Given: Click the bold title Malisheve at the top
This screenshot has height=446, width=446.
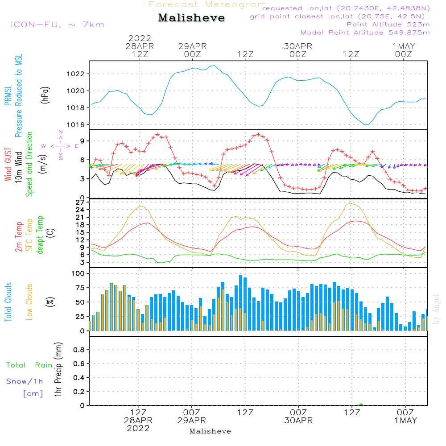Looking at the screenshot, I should click(191, 18).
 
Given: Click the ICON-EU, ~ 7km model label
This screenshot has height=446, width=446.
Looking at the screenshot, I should click(57, 25).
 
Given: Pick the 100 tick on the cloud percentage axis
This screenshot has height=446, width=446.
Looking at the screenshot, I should click(78, 273).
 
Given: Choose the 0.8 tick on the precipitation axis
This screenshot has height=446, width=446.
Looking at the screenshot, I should click(79, 350).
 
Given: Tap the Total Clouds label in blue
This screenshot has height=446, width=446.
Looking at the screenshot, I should click(8, 302).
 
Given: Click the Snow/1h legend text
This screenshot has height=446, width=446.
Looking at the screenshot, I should click(25, 381).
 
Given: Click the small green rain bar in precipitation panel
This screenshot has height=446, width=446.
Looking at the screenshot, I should click(361, 405).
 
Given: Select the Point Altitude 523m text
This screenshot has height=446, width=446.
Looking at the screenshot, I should click(388, 25).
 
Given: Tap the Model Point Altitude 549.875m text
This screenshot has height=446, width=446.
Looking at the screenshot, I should click(365, 33).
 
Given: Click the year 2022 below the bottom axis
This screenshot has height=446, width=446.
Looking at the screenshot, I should click(138, 429).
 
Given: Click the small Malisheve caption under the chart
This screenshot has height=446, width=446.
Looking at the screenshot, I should click(210, 431).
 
